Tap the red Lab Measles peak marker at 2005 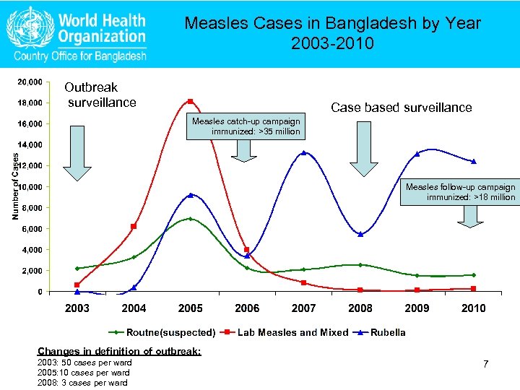(x=191, y=101)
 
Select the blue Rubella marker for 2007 (x=304, y=152)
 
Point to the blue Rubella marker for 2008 (x=360, y=234)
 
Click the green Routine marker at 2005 (x=190, y=218)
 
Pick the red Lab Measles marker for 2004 (x=134, y=227)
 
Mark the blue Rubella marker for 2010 (x=474, y=161)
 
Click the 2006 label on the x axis (x=247, y=308)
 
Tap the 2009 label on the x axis (x=417, y=308)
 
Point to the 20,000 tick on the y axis (x=30, y=81)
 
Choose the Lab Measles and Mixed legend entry (x=294, y=333)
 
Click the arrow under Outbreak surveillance (x=77, y=152)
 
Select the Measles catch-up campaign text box (x=246, y=126)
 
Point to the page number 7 (x=486, y=364)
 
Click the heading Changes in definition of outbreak (x=119, y=351)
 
